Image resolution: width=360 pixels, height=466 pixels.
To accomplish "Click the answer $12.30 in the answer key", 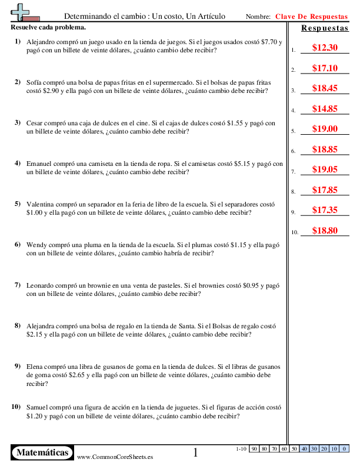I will tap(325, 48).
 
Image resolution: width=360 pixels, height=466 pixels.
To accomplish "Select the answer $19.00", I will tap(325, 129).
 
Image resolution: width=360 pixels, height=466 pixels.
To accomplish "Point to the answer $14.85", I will tap(325, 109).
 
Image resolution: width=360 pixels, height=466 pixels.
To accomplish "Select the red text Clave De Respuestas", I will tap(312, 17).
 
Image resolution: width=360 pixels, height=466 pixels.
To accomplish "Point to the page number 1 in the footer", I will tap(196, 452).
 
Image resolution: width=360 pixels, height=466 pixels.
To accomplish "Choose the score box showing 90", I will tap(255, 449).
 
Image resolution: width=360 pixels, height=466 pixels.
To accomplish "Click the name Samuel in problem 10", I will tap(38, 407).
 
